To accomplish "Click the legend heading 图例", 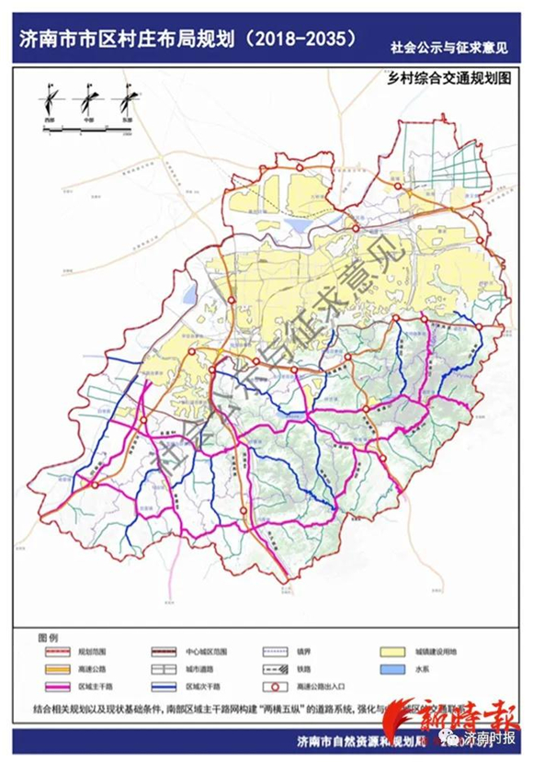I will click(48, 636).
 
